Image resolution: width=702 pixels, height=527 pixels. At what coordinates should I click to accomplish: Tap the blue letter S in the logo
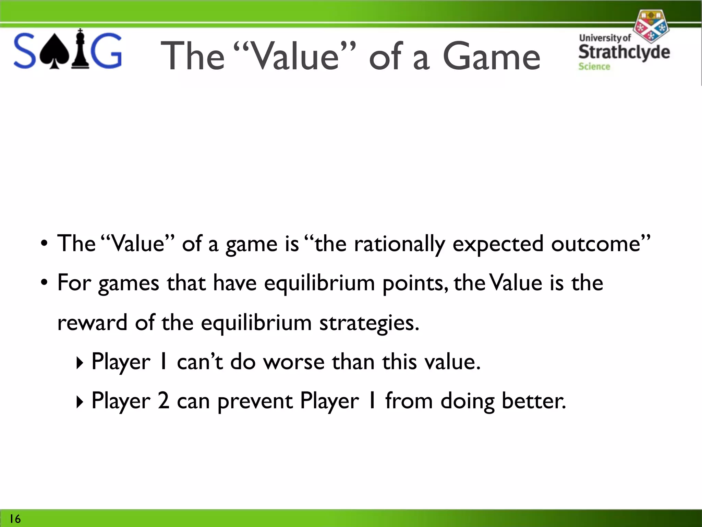[25, 51]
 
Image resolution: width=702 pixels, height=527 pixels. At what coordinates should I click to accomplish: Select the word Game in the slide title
[491, 57]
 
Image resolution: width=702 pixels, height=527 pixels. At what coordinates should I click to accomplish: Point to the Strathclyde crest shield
[650, 26]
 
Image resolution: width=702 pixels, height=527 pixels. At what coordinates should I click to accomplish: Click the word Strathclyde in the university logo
[624, 52]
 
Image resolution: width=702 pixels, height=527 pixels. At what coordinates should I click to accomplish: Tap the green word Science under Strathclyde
[594, 67]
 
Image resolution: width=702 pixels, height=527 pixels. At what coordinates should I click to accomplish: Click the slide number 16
[15, 519]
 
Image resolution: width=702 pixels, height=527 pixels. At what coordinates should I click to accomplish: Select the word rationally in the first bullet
[399, 244]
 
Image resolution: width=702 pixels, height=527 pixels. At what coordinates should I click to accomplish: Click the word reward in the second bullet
[92, 323]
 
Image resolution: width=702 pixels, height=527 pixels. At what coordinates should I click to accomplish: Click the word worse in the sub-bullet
[293, 362]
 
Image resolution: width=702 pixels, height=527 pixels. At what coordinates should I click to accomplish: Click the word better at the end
[533, 401]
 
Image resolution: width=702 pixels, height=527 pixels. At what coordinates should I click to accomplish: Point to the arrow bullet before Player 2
[80, 402]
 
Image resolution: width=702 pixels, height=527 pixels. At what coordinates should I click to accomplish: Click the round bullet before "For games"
[44, 283]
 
